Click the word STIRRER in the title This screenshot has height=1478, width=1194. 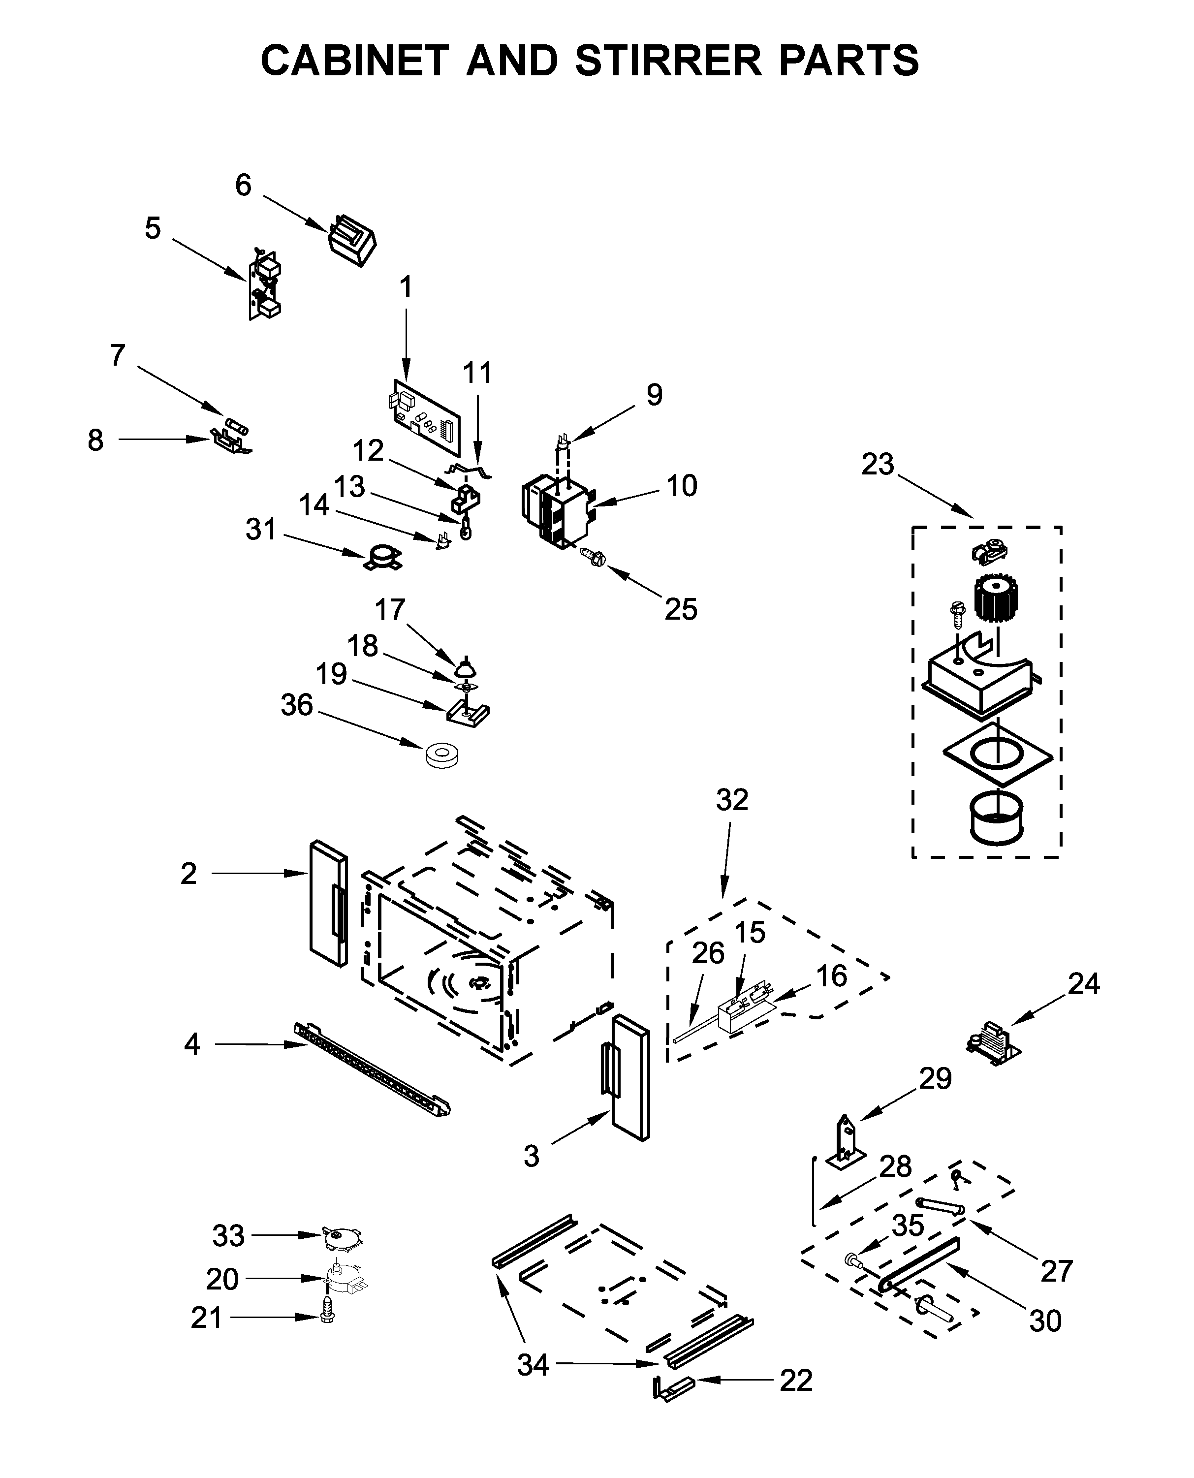(668, 60)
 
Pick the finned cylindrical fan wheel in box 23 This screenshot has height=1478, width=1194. (995, 599)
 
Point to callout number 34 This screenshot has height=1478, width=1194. (533, 1364)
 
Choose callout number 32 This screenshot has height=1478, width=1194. (732, 800)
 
